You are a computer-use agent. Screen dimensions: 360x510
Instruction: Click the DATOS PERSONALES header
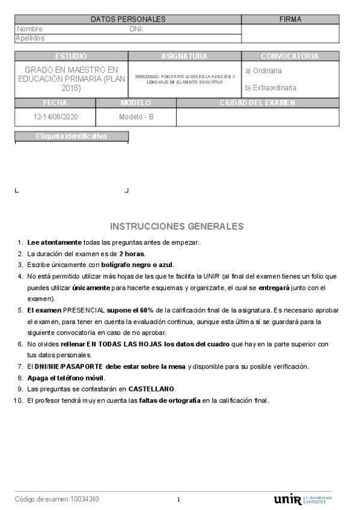pyautogui.click(x=128, y=19)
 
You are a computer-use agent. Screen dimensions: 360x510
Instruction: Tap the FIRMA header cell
pyautogui.click(x=290, y=19)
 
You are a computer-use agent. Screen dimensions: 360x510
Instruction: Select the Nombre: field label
pyautogui.click(x=30, y=29)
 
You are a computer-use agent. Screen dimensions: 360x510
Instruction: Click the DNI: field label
pyautogui.click(x=136, y=29)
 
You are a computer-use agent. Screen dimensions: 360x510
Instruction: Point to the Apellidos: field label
pyautogui.click(x=31, y=38)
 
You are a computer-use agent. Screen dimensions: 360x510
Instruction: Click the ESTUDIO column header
pyautogui.click(x=71, y=56)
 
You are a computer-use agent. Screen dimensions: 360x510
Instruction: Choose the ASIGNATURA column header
pyautogui.click(x=184, y=56)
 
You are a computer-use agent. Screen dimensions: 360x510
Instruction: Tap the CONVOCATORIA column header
pyautogui.click(x=290, y=56)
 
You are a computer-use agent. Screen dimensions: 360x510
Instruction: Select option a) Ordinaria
pyautogui.click(x=263, y=70)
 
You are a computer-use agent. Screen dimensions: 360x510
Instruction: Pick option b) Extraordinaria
pyautogui.click(x=270, y=87)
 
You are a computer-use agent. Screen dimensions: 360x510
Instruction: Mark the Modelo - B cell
pyautogui.click(x=136, y=117)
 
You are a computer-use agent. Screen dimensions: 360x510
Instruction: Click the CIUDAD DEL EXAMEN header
pyautogui.click(x=257, y=103)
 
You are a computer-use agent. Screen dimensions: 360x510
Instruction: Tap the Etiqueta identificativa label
pyautogui.click(x=71, y=136)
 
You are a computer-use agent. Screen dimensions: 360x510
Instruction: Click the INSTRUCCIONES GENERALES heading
pyautogui.click(x=177, y=226)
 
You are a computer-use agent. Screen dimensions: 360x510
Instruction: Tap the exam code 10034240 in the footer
pyautogui.click(x=85, y=499)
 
